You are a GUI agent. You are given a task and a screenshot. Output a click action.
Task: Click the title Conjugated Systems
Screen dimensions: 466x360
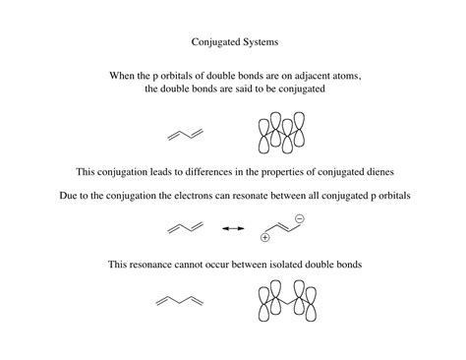(233, 43)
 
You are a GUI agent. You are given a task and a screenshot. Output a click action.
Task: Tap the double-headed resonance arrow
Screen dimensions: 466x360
(232, 229)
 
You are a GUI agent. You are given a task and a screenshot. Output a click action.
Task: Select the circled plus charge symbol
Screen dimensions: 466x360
(264, 237)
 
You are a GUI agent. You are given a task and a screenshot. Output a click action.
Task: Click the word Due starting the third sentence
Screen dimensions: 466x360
(69, 196)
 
